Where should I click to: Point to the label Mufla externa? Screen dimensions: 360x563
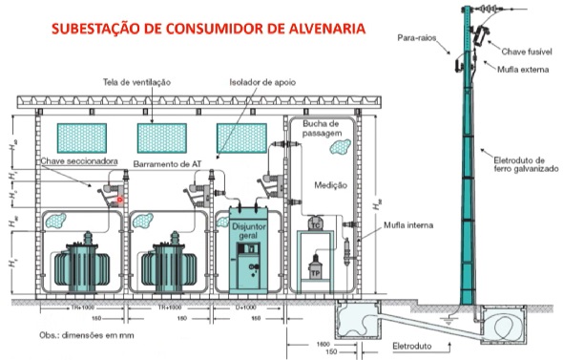tap(520, 69)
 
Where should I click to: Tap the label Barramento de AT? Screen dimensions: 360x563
tap(168, 164)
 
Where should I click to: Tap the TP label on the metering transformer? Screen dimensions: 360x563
tap(311, 270)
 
